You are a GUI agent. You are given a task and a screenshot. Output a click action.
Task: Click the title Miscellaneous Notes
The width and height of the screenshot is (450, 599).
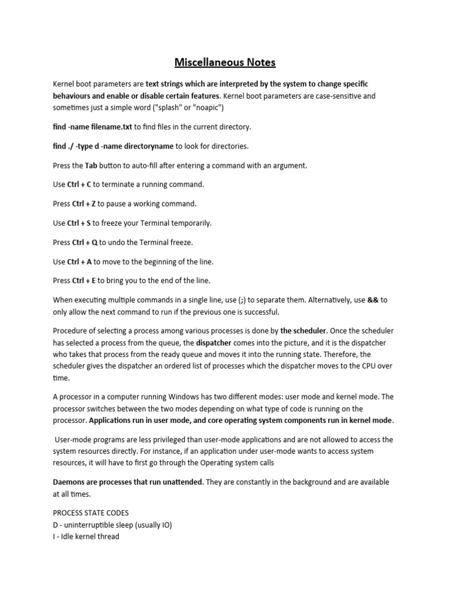tap(224, 61)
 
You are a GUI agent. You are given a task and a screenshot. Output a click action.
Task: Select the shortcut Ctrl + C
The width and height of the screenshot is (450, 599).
tap(80, 185)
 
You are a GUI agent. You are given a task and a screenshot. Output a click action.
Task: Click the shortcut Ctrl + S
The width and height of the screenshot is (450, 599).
tap(79, 223)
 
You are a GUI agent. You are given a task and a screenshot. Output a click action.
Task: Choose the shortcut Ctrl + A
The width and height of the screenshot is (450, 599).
tap(80, 261)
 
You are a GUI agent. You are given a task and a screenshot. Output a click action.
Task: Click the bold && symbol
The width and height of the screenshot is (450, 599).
tap(373, 300)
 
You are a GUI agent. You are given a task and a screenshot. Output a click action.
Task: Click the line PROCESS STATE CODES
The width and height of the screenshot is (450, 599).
tap(90, 513)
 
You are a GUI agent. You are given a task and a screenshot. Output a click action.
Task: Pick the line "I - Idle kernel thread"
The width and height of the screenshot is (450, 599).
tap(86, 536)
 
